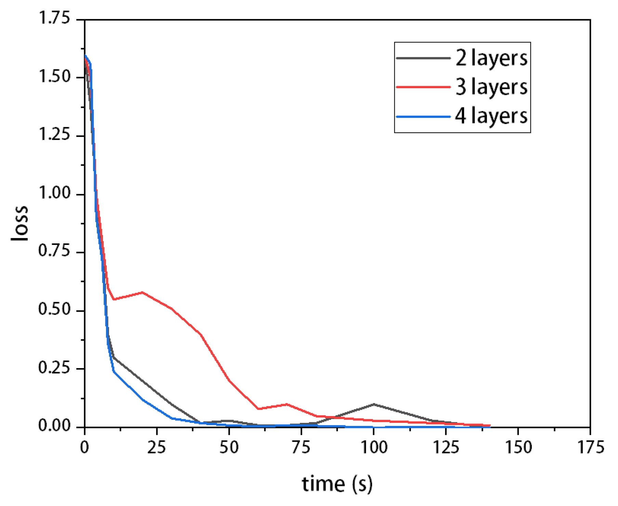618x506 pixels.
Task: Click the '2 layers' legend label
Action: pyautogui.click(x=491, y=58)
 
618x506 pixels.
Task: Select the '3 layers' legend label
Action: pyautogui.click(x=491, y=87)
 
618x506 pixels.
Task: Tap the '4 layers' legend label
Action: pyautogui.click(x=491, y=116)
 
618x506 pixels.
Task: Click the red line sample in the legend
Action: pyautogui.click(x=423, y=87)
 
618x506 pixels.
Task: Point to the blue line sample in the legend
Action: pyautogui.click(x=423, y=117)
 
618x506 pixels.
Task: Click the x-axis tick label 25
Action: pyautogui.click(x=157, y=447)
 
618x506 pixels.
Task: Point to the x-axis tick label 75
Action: pyautogui.click(x=301, y=447)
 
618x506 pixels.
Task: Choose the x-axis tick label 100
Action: pyautogui.click(x=374, y=447)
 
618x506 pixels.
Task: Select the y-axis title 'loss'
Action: pyautogui.click(x=19, y=223)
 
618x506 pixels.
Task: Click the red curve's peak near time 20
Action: pyautogui.click(x=142, y=292)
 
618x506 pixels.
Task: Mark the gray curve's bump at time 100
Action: pyautogui.click(x=374, y=404)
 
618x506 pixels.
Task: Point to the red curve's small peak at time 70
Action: pyautogui.click(x=287, y=404)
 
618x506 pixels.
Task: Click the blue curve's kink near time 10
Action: pyautogui.click(x=114, y=372)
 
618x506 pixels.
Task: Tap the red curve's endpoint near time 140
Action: pyautogui.click(x=490, y=426)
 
